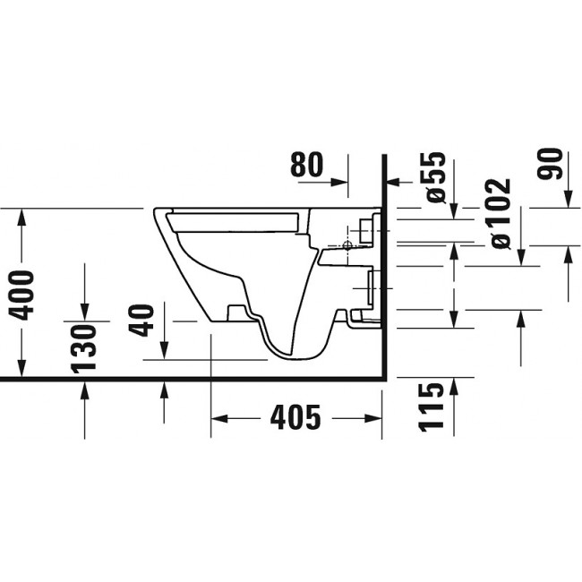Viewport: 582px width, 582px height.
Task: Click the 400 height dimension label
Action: (22, 294)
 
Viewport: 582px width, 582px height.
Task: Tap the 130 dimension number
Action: (83, 349)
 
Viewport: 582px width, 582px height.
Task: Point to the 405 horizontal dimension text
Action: (295, 417)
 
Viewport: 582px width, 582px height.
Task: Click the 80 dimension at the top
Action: (307, 165)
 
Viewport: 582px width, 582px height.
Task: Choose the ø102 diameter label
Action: (498, 213)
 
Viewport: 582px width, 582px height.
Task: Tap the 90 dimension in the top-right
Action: (552, 164)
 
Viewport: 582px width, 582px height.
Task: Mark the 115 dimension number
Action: (432, 407)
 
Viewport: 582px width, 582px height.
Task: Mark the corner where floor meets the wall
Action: (383, 379)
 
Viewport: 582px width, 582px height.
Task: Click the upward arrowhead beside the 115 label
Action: (454, 383)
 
